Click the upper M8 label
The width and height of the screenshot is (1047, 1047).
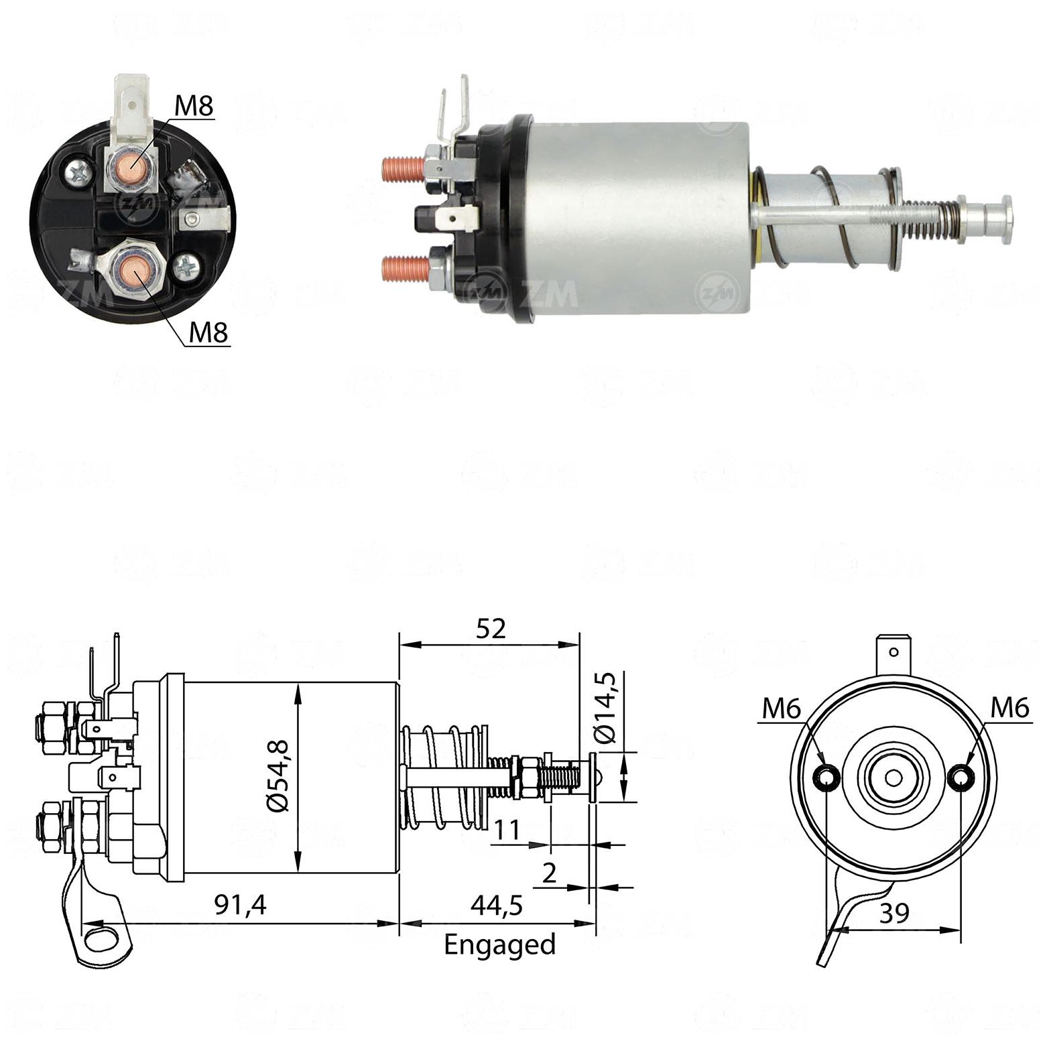pyautogui.click(x=194, y=106)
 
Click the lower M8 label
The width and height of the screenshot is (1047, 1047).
pyautogui.click(x=208, y=332)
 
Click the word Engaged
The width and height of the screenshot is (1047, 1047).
pyautogui.click(x=500, y=945)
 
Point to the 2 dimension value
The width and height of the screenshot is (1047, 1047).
pyautogui.click(x=549, y=873)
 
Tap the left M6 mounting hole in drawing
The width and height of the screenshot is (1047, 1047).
pyautogui.click(x=825, y=778)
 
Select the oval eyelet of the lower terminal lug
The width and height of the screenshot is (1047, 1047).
pyautogui.click(x=102, y=935)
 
